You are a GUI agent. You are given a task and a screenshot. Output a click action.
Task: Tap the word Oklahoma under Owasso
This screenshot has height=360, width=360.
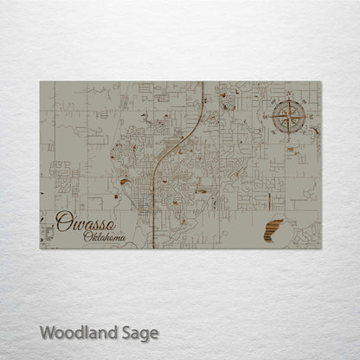coord(105,237)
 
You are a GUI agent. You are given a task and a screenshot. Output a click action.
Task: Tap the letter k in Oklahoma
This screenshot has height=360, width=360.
coord(95,237)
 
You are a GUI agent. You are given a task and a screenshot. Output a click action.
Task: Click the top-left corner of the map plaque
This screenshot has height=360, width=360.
coord(40,80)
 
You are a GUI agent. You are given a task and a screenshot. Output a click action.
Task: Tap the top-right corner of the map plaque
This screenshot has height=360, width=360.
coord(321,80)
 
